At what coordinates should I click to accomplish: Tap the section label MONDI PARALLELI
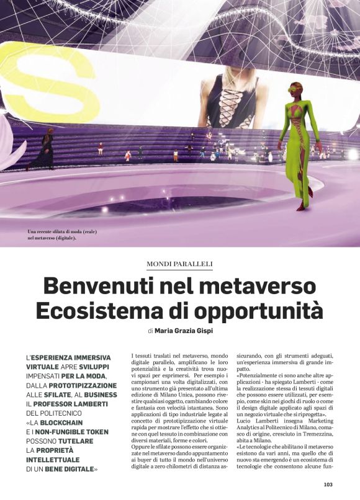tap(179, 264)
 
